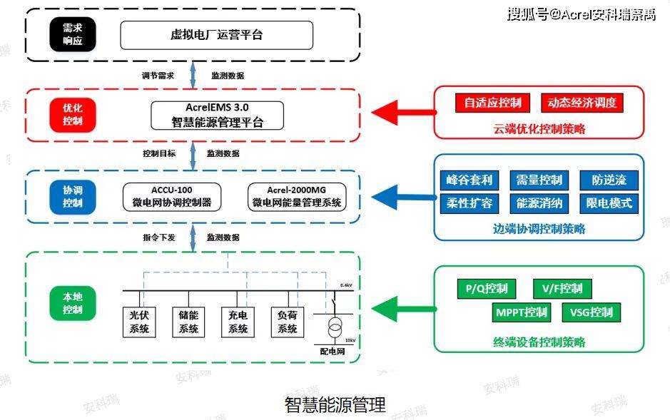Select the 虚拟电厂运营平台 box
[216, 34]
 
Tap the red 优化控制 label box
[72, 115]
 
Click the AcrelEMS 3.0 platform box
[217, 115]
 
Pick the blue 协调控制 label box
[72, 197]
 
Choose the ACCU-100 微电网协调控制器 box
[172, 197]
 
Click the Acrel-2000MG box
[296, 197]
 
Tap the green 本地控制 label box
[72, 304]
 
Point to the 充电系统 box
[238, 322]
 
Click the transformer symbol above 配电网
[333, 329]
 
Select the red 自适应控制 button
[493, 103]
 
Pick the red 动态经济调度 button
[582, 103]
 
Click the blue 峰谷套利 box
[469, 180]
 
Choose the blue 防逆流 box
[609, 180]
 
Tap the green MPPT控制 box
[522, 312]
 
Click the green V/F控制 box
[562, 289]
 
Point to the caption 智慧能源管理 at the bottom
[335, 405]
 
